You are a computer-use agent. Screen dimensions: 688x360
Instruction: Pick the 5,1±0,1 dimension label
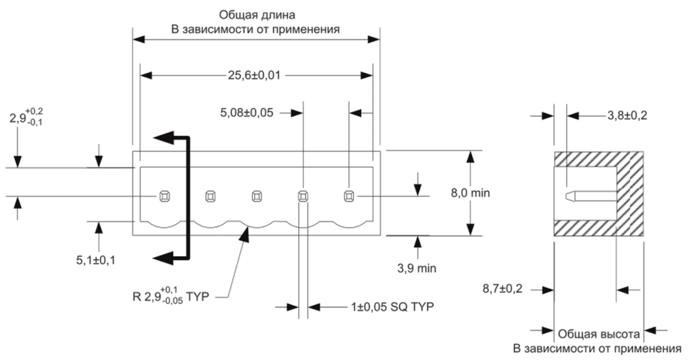click(96, 259)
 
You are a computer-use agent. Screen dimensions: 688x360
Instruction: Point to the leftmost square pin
click(164, 197)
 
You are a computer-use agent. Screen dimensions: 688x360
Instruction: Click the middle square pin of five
click(256, 197)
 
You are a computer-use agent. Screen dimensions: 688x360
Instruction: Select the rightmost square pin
click(348, 197)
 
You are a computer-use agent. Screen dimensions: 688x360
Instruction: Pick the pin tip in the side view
click(569, 196)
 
